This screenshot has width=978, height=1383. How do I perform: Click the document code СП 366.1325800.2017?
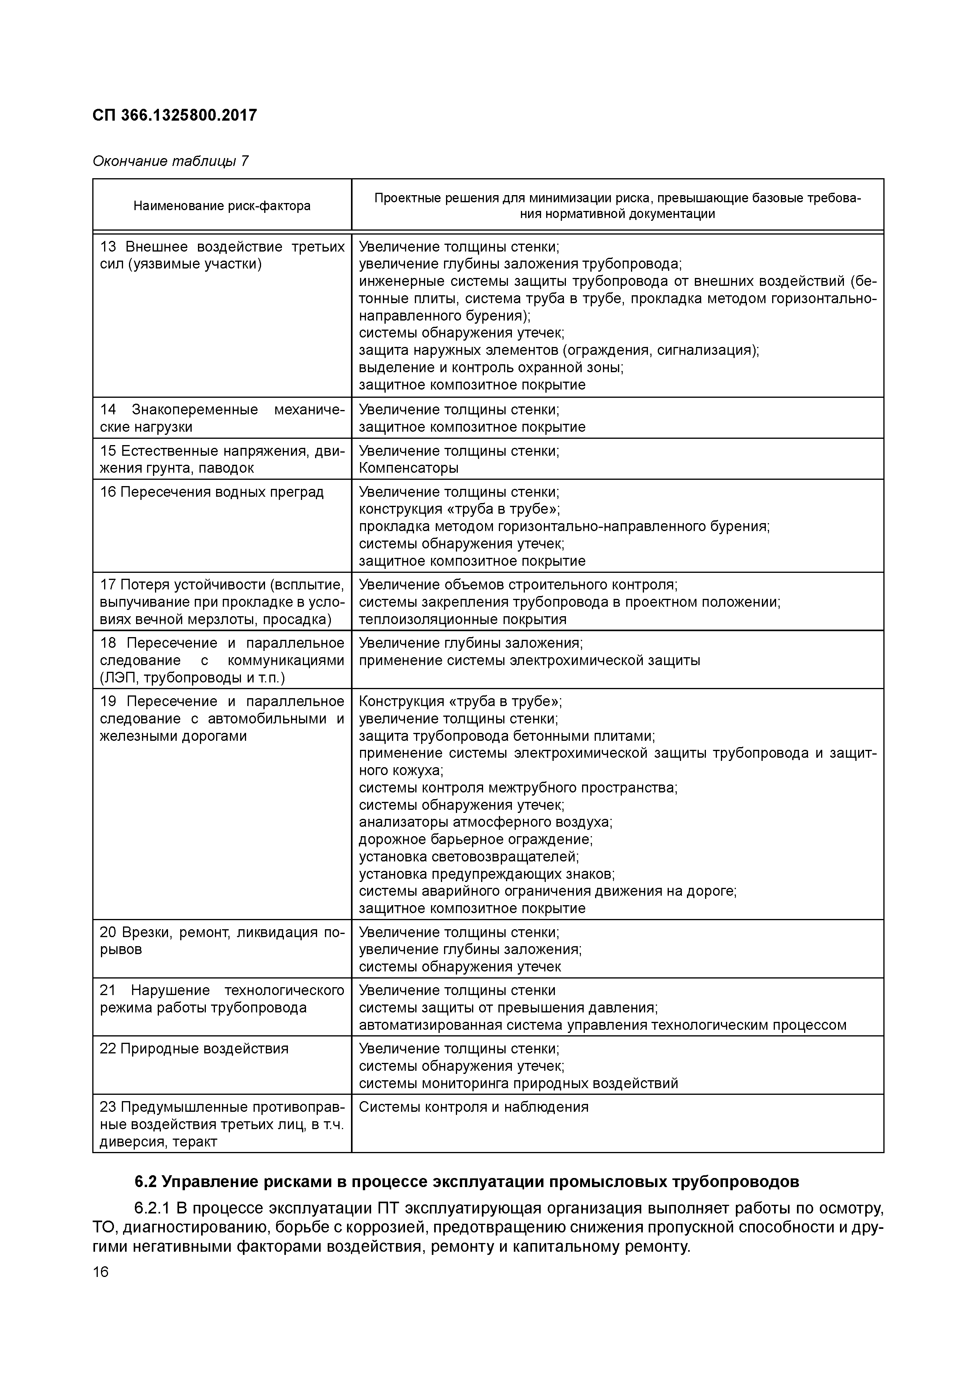pyautogui.click(x=175, y=115)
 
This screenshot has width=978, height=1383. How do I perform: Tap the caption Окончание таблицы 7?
pyautogui.click(x=170, y=161)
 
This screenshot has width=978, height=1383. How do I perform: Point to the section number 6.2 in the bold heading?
pyautogui.click(x=146, y=1182)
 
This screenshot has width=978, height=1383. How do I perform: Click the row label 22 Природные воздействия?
pyautogui.click(x=194, y=1049)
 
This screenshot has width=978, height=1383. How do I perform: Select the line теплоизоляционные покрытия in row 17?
pyautogui.click(x=462, y=619)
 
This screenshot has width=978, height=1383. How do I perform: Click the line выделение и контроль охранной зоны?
pyautogui.click(x=491, y=367)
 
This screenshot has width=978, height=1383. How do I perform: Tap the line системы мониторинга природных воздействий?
pyautogui.click(x=518, y=1083)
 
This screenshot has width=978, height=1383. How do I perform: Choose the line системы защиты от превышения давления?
pyautogui.click(x=508, y=1008)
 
